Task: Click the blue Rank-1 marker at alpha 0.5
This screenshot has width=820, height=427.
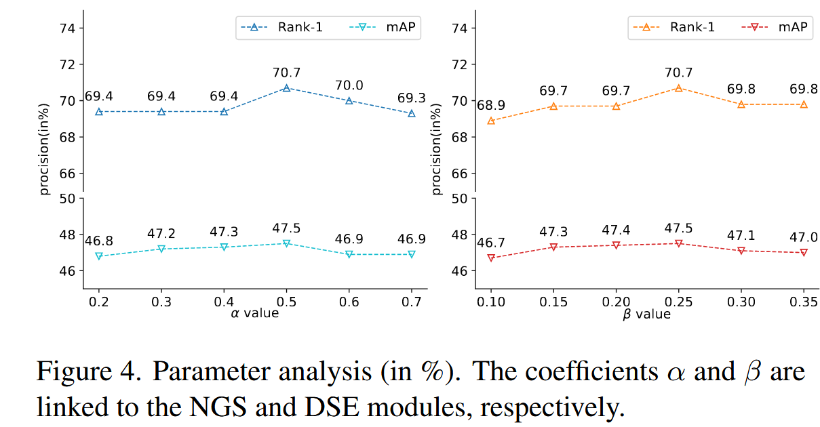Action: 287,88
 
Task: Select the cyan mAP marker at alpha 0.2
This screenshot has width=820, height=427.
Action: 99,256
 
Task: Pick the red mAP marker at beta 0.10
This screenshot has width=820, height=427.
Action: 491,258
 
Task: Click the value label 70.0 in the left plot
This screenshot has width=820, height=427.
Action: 349,85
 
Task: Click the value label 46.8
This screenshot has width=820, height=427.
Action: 99,241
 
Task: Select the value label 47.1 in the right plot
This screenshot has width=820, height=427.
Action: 741,235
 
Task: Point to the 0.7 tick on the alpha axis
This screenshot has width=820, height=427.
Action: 412,300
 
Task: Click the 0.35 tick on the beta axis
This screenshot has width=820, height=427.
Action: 804,300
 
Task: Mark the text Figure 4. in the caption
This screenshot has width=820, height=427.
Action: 88,371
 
